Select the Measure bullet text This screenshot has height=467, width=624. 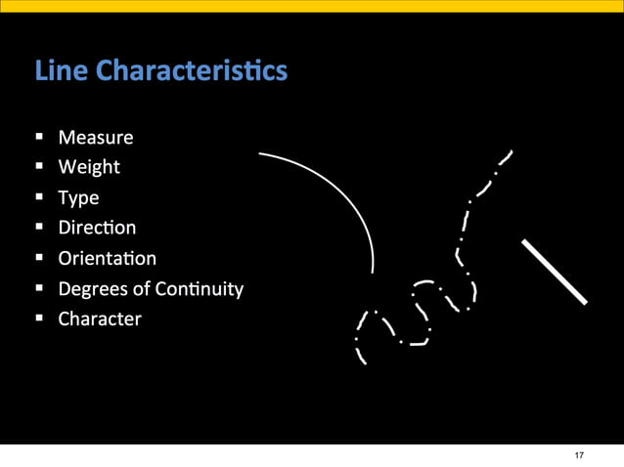(95, 137)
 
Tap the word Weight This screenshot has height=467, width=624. (89, 167)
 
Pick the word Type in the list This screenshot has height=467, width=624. (78, 197)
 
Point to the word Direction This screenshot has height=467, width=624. (97, 228)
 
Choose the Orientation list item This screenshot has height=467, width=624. (107, 258)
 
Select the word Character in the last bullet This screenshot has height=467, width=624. (100, 319)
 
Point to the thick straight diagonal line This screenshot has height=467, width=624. (555, 271)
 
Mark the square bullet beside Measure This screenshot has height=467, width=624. (39, 138)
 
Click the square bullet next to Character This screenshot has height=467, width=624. (39, 319)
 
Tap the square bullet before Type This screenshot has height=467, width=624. (39, 198)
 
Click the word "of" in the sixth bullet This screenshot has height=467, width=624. (141, 289)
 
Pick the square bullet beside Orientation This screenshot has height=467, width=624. (39, 259)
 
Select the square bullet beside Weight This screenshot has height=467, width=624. (39, 168)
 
